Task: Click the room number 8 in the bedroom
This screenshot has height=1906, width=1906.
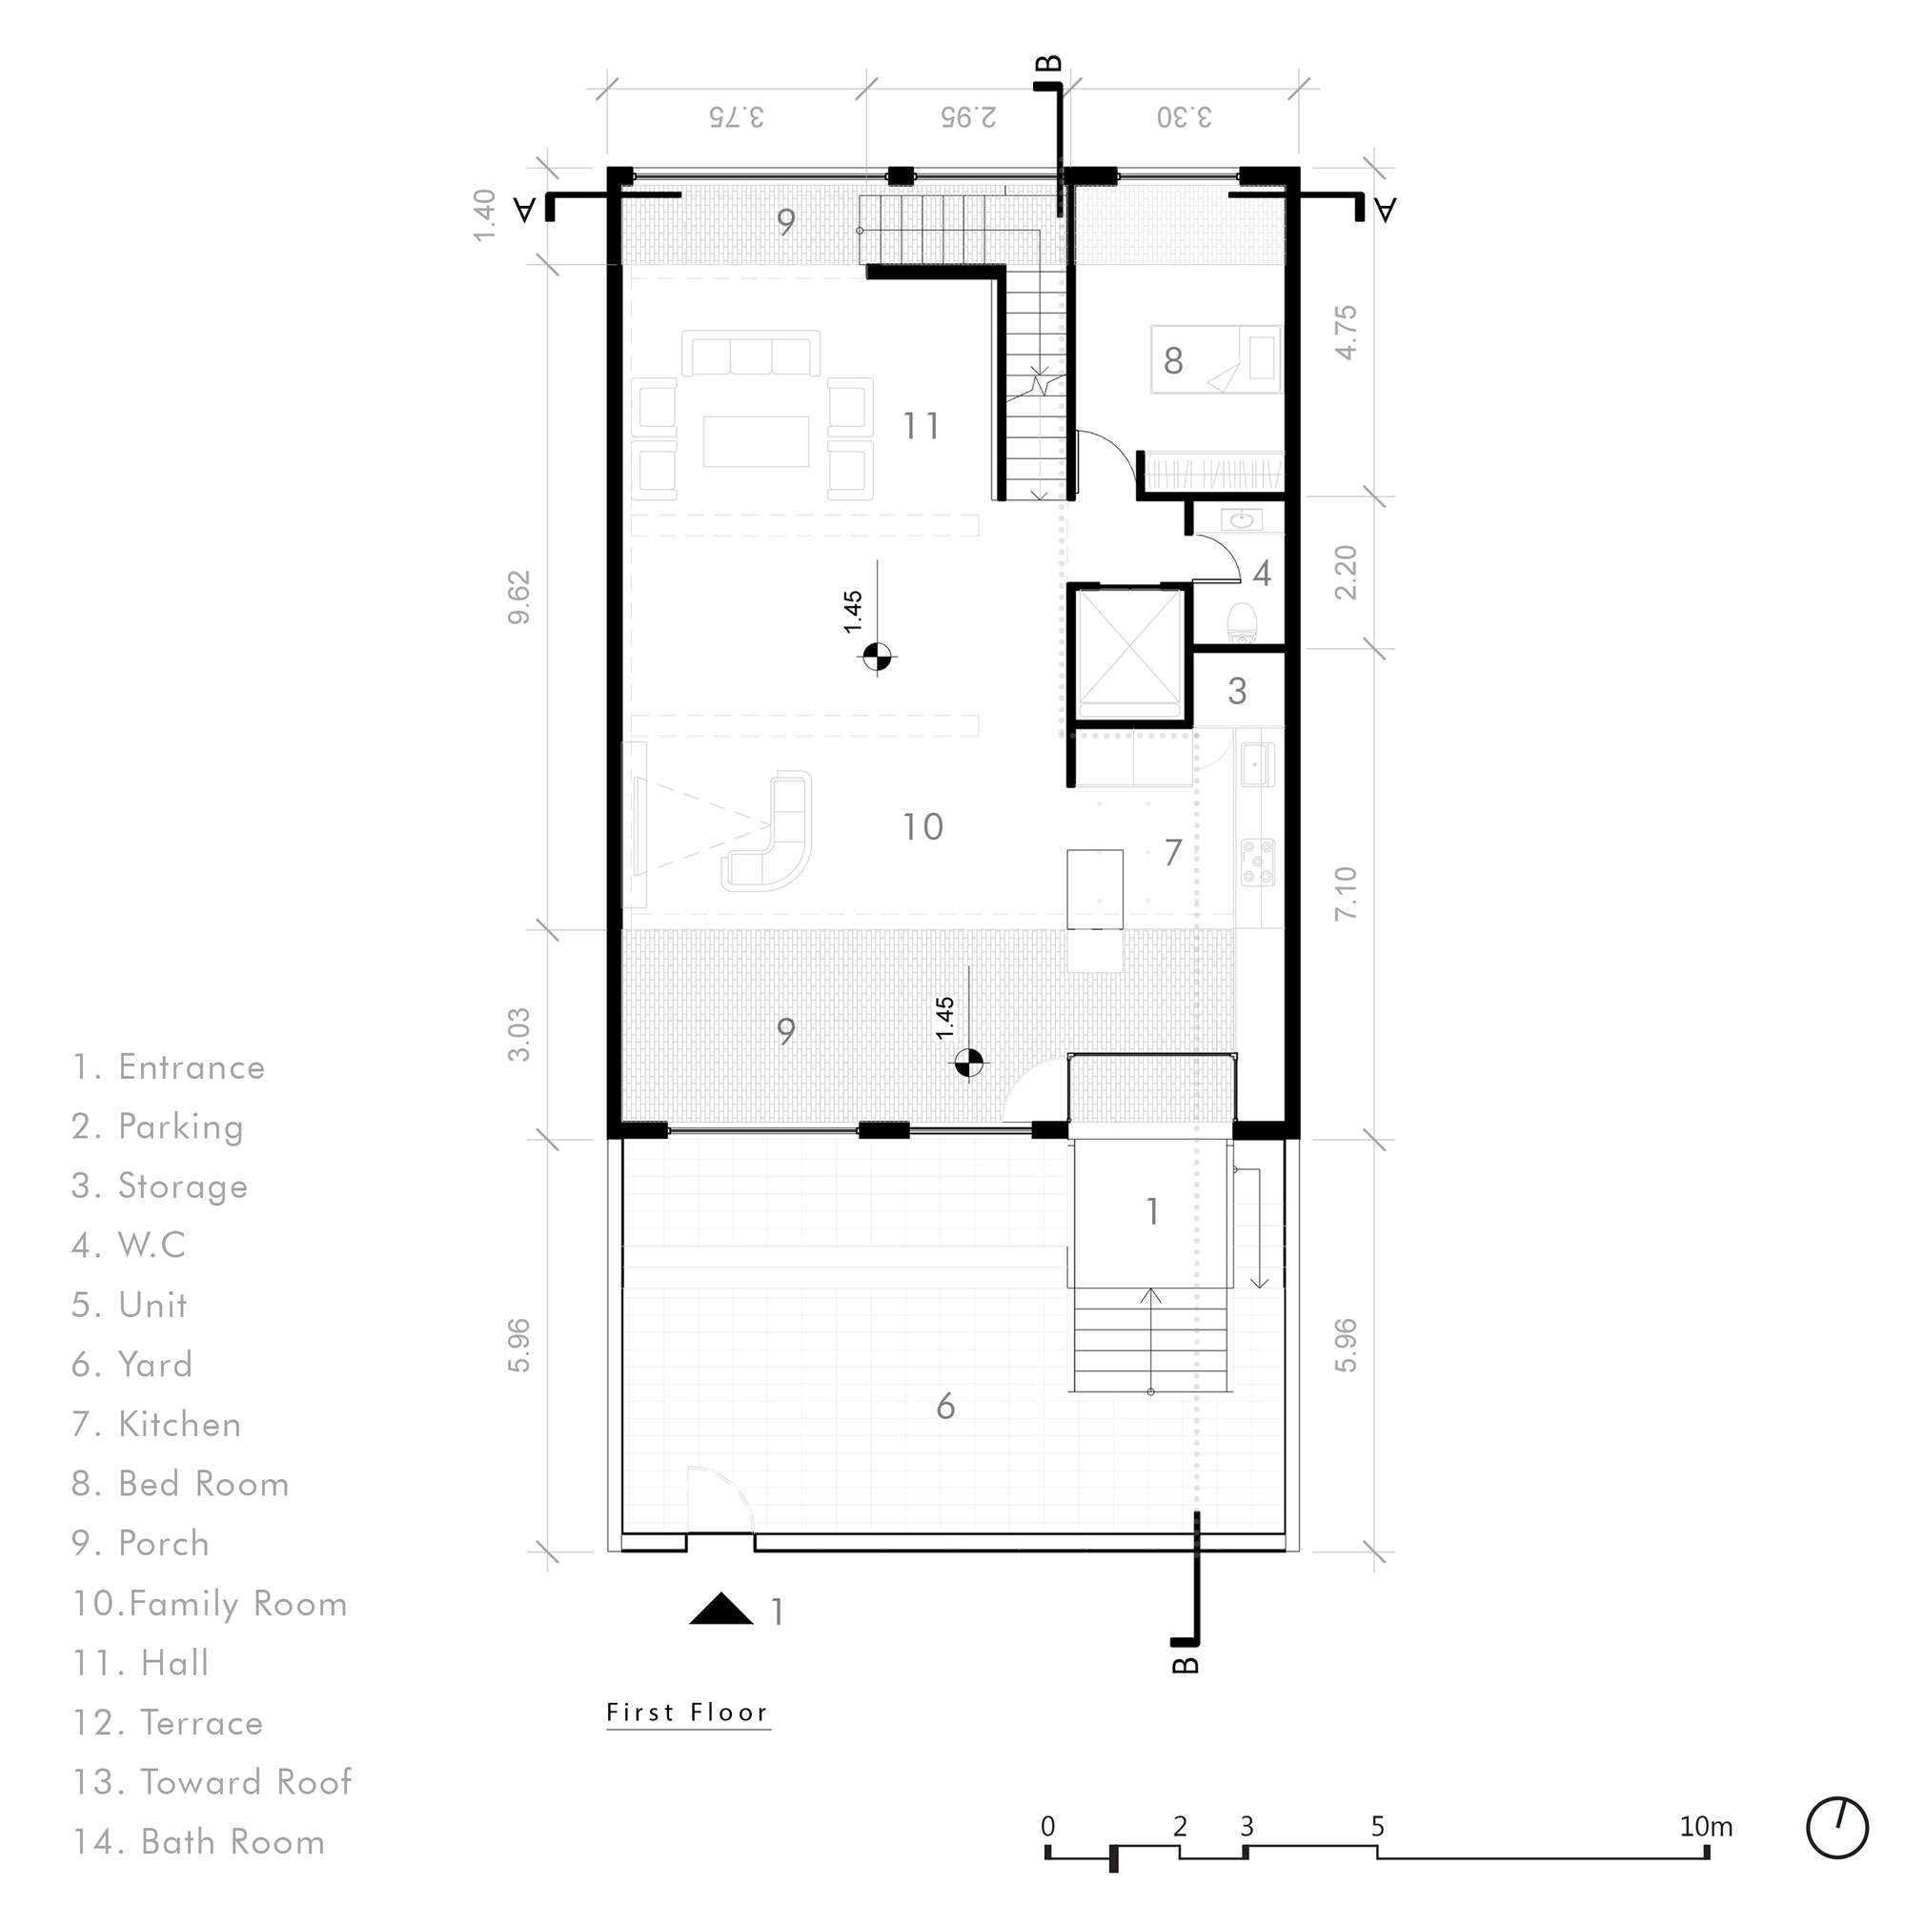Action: click(1173, 361)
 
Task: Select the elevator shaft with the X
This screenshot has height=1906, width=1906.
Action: click(1129, 654)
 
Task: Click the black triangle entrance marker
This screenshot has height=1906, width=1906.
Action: click(721, 1609)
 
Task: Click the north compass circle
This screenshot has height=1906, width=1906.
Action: click(1837, 1828)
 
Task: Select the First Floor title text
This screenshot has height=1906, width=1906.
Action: click(688, 1712)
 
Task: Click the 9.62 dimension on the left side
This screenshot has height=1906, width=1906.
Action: click(520, 597)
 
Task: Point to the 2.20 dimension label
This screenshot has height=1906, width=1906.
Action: click(1346, 572)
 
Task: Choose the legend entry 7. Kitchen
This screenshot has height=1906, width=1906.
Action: click(157, 1425)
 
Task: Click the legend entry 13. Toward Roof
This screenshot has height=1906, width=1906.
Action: click(213, 1782)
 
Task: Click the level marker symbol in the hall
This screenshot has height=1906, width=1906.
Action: click(877, 656)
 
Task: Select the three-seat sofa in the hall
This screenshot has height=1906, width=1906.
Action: click(751, 355)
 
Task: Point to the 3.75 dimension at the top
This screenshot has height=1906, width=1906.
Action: click(736, 116)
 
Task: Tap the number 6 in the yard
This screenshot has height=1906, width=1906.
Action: click(945, 1407)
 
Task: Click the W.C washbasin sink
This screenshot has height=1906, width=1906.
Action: click(1243, 519)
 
